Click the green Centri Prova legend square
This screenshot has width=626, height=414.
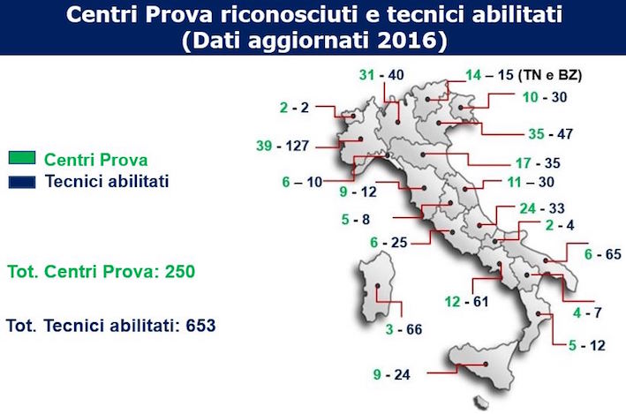tap(22, 158)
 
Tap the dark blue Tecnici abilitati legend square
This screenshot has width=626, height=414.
tap(22, 182)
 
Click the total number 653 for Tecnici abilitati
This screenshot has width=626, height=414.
tap(200, 326)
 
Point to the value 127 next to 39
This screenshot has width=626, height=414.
tap(297, 146)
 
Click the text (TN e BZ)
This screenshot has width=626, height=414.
tap(550, 75)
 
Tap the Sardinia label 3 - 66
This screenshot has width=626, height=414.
tap(404, 329)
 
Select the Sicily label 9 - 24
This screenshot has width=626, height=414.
tap(392, 374)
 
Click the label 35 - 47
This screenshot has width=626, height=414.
tap(551, 134)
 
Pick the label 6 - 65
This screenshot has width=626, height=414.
tap(603, 254)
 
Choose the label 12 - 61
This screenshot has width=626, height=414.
tap(467, 301)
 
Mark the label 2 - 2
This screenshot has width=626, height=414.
tap(294, 108)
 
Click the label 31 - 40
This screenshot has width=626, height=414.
tap(381, 75)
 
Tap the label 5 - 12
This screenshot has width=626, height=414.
tap(587, 345)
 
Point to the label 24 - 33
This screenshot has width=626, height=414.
tap(542, 208)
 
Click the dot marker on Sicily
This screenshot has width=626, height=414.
tap(486, 364)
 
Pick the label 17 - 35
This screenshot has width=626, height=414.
tap(538, 163)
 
